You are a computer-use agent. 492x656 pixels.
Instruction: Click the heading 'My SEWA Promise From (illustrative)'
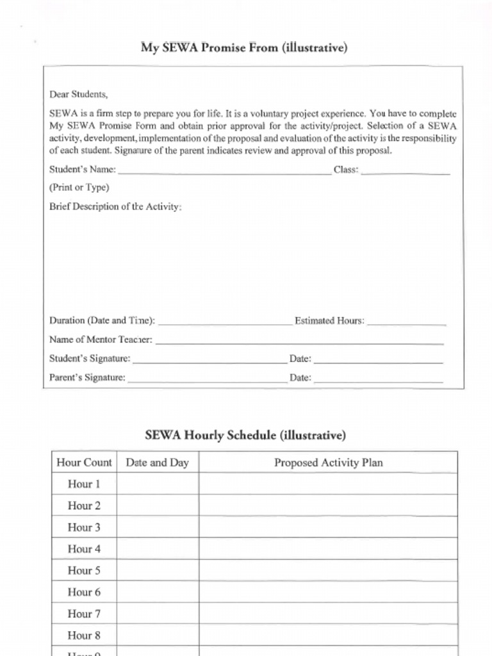tap(244, 48)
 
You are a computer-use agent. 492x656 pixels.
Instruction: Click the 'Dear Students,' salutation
tap(79, 94)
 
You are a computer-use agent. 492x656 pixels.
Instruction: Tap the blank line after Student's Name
tap(224, 171)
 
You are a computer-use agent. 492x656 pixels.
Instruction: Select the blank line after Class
tap(405, 171)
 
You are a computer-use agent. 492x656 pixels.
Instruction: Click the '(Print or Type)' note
tap(79, 188)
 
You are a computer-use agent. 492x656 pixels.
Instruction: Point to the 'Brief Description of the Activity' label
tap(115, 207)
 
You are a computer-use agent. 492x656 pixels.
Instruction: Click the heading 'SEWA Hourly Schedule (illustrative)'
tap(245, 436)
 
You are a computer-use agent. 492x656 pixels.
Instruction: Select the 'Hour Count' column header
tap(84, 463)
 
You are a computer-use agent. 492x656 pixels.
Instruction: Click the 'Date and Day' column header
tap(157, 463)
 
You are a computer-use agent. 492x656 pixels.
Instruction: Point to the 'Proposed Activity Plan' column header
tap(328, 463)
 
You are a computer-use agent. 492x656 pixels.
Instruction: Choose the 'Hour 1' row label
tap(84, 484)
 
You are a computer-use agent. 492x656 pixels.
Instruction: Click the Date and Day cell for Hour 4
tap(157, 549)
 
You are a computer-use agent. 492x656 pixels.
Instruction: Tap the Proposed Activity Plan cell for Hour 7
tap(328, 614)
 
